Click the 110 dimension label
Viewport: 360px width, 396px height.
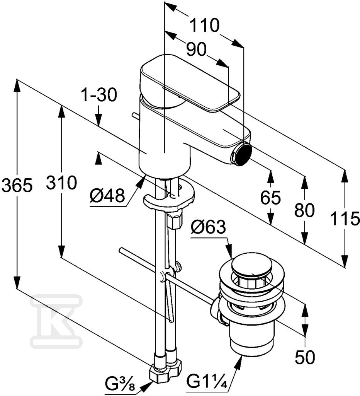204,25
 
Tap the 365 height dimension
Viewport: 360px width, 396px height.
17,184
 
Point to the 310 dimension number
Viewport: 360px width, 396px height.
61,183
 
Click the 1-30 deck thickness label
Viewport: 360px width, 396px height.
99,95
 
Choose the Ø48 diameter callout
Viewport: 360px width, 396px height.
107,195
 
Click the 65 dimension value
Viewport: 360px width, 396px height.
270,197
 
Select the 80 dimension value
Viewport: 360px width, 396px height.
304,210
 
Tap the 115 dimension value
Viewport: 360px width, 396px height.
345,218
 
